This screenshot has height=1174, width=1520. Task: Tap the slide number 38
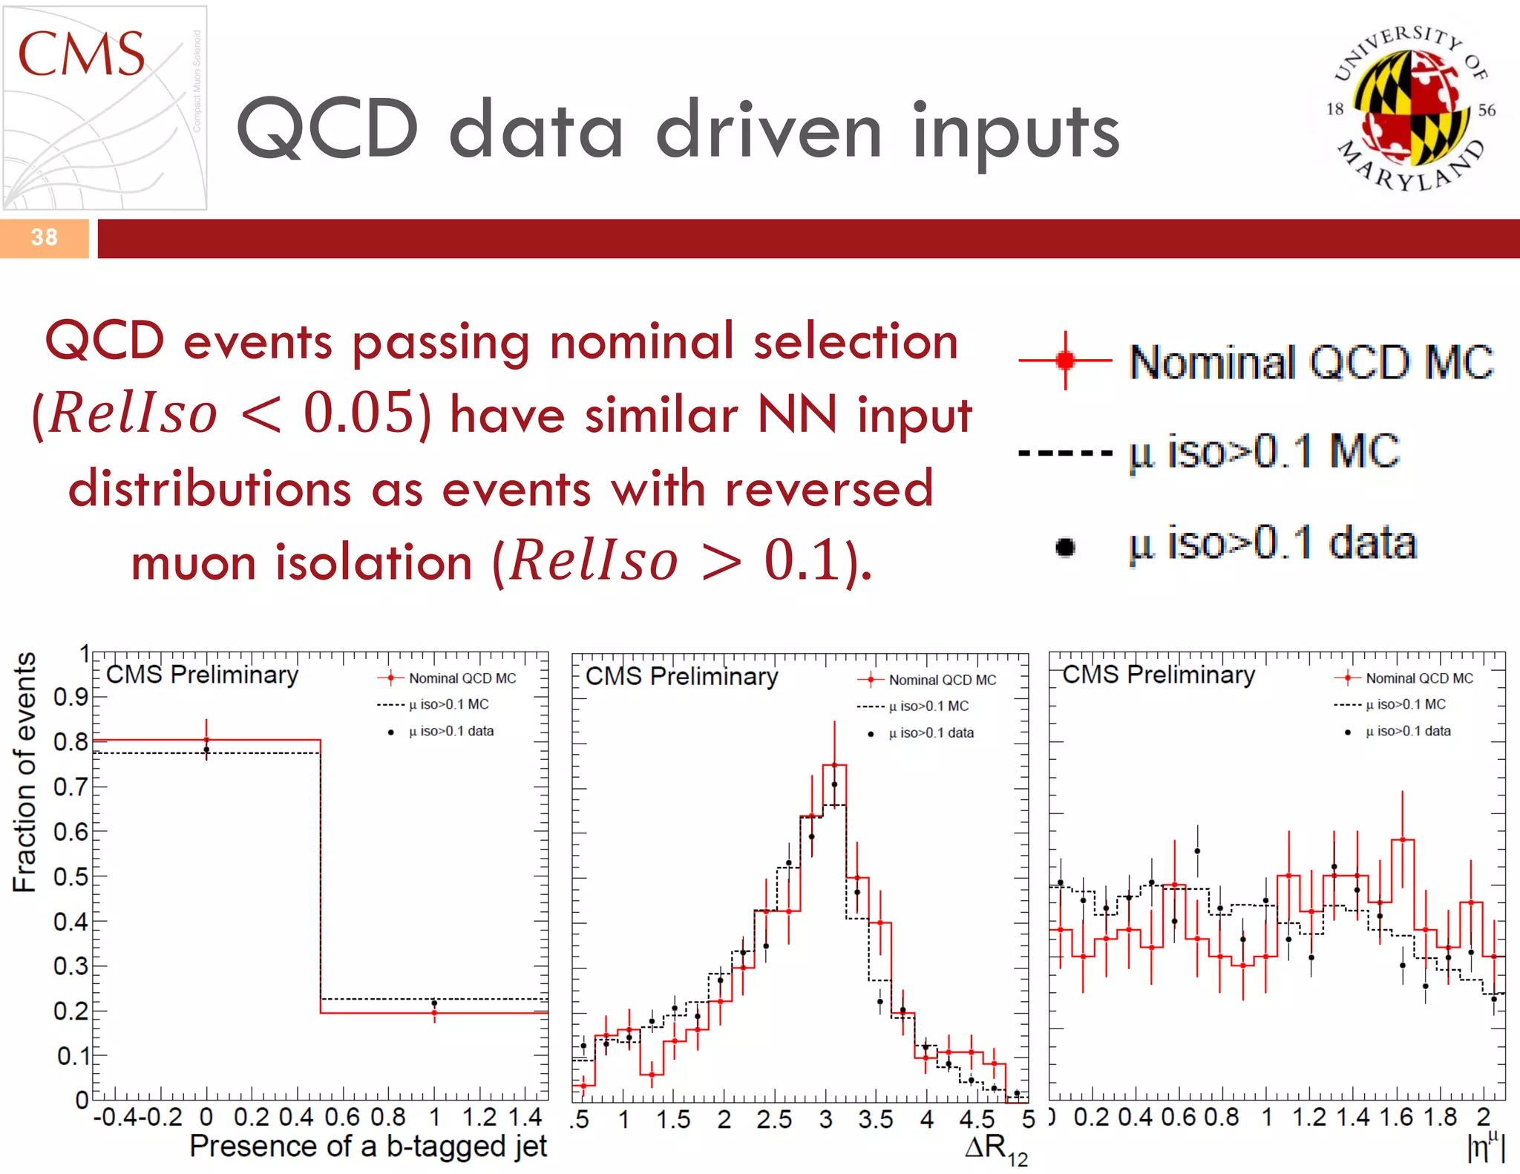coord(44,237)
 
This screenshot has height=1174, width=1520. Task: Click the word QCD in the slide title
coord(327,130)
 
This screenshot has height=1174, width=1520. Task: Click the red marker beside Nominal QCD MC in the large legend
coord(1065,361)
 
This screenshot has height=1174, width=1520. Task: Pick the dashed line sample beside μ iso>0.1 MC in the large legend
coord(1065,452)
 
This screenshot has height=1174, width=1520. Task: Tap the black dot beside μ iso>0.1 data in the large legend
coord(1065,547)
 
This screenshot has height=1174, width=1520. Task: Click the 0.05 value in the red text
coord(358,413)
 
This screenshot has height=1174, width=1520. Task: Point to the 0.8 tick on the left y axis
coord(71,741)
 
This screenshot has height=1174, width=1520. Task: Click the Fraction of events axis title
coord(24,772)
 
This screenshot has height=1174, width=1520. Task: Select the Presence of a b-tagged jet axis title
coord(368,1147)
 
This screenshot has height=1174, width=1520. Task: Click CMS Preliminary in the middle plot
coord(681,676)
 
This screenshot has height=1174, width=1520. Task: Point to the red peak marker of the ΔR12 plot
coord(834,764)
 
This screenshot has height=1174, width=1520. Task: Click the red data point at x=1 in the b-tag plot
coord(434,1012)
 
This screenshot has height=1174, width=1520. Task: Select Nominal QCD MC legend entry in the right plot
coord(1418,678)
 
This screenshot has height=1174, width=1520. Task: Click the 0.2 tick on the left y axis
coord(71,1011)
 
